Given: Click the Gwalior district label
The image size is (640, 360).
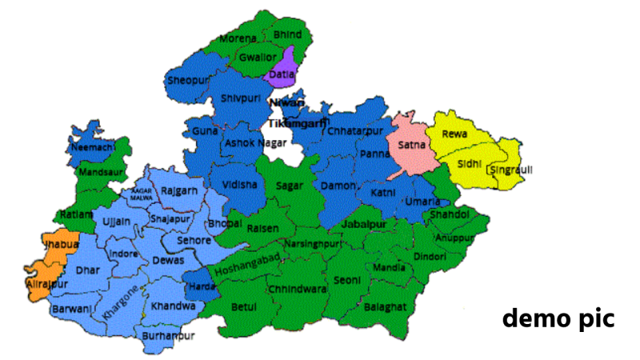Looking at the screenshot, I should tap(257, 58).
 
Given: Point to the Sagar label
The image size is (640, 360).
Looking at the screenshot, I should tap(289, 185).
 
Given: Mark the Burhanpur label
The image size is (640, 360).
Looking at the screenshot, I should tap(168, 337).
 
